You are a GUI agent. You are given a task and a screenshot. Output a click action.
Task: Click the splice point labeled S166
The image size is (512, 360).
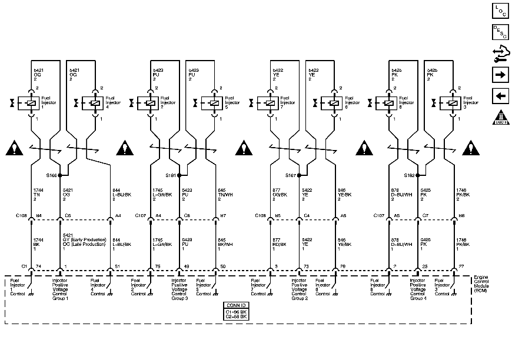click(x=69, y=175)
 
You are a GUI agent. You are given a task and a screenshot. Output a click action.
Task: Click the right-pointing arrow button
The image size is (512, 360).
click(x=500, y=75)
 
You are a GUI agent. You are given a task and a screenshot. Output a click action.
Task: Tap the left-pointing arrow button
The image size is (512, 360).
click(x=500, y=96)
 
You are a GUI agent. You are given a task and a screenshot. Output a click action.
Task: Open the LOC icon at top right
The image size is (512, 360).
click(x=500, y=10)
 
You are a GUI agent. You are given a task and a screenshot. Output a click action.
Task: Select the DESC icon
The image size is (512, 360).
click(x=500, y=32)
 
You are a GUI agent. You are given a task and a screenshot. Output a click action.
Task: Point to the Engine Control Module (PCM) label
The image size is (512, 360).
click(x=486, y=283)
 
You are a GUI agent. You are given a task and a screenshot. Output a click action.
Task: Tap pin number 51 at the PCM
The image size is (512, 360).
click(x=118, y=267)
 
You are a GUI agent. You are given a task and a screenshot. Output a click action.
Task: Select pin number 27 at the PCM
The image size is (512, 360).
click(x=461, y=267)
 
